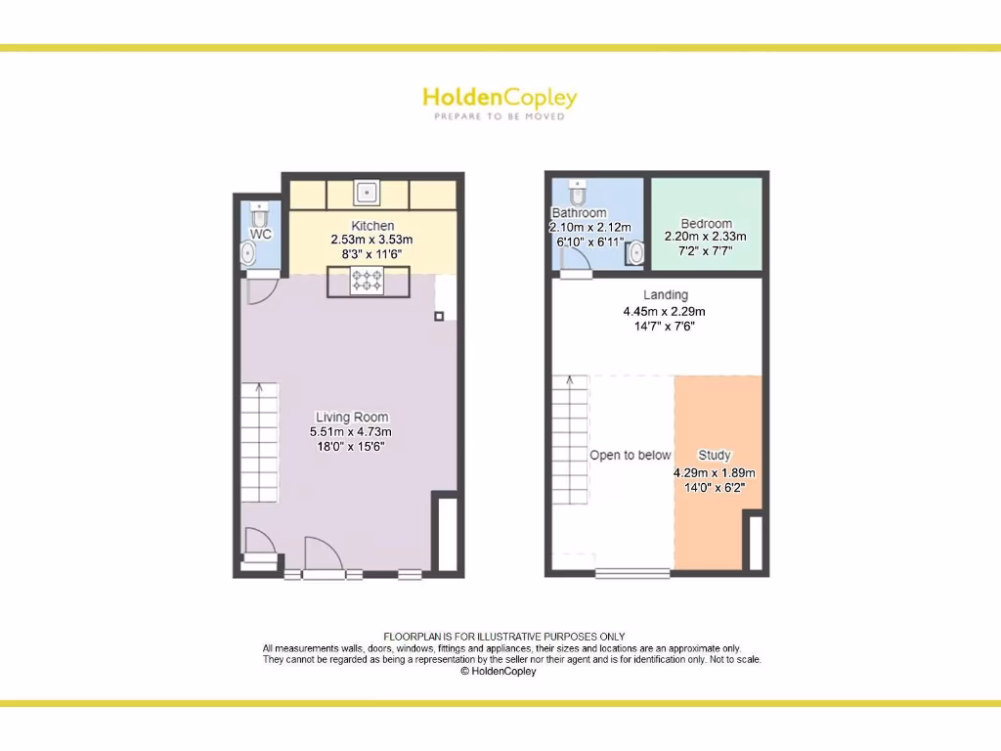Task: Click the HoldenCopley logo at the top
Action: pyautogui.click(x=500, y=102)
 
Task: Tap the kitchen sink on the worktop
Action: pyautogui.click(x=367, y=192)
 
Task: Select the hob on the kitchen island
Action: pyautogui.click(x=367, y=283)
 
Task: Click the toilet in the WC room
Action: pyautogui.click(x=258, y=211)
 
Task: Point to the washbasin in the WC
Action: pyautogui.click(x=248, y=255)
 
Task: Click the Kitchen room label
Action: pyautogui.click(x=372, y=226)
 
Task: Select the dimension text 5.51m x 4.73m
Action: pyautogui.click(x=351, y=431)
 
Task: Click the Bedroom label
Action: pyautogui.click(x=706, y=223)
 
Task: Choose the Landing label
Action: pyautogui.click(x=665, y=294)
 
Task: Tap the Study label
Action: pyautogui.click(x=714, y=455)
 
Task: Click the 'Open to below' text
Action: pyautogui.click(x=630, y=455)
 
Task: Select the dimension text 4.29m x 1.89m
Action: pyautogui.click(x=715, y=472)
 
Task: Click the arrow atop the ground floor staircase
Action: pyautogui.click(x=260, y=388)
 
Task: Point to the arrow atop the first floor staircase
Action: pyautogui.click(x=569, y=380)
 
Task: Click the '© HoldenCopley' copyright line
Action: pyautogui.click(x=499, y=672)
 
